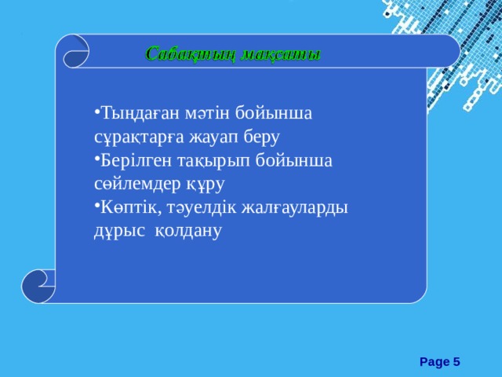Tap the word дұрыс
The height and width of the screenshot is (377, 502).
pyautogui.click(x=118, y=231)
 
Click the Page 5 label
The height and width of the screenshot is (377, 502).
pyautogui.click(x=439, y=361)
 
